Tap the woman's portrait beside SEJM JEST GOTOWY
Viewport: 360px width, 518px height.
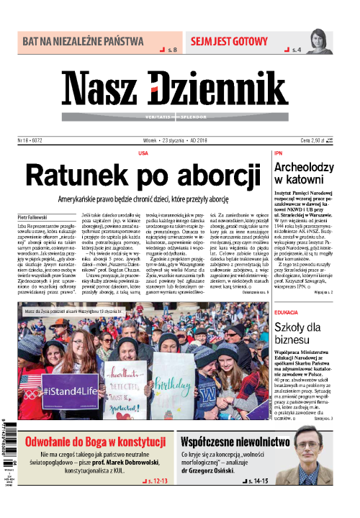[x=317, y=42]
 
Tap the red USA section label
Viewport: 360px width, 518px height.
[x=143, y=153]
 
